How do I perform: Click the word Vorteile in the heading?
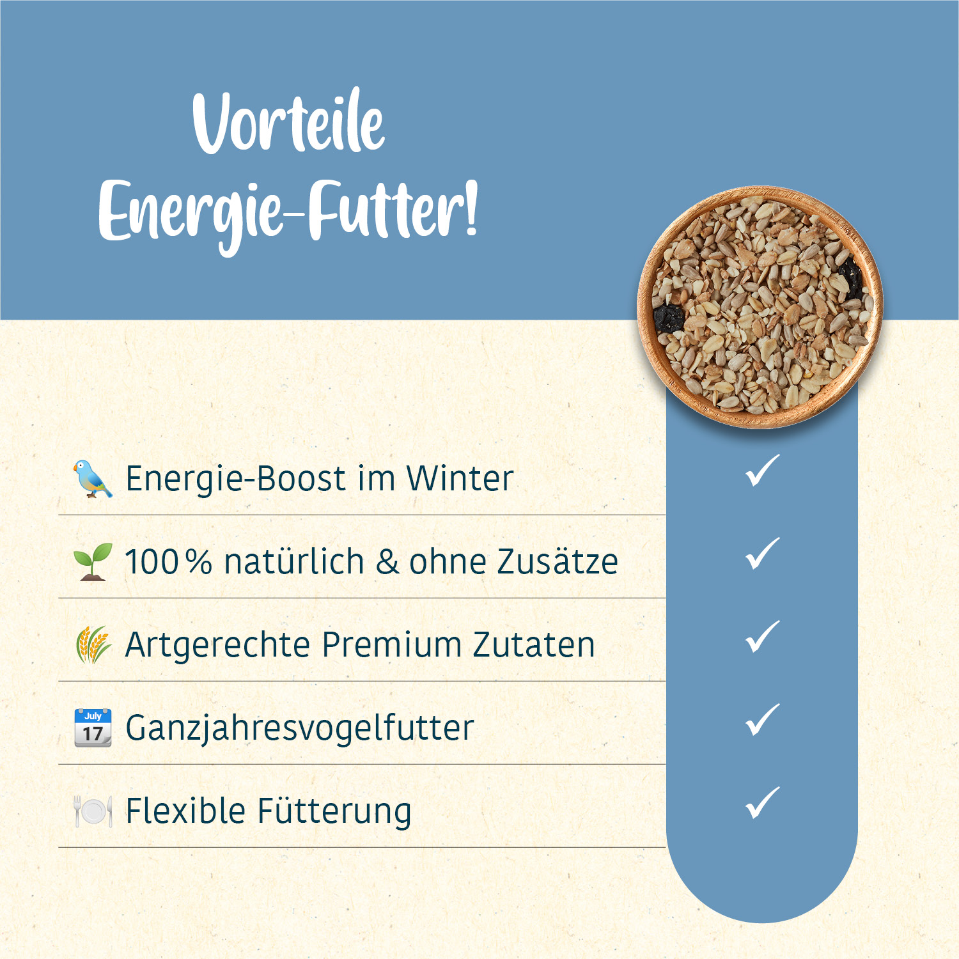[289, 121]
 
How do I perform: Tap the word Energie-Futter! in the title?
[288, 211]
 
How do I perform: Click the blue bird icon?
[93, 478]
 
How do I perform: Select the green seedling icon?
[93, 561]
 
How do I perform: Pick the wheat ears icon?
[93, 644]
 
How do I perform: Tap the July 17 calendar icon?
[93, 728]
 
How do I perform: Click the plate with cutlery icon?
[93, 811]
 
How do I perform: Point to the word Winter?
[460, 478]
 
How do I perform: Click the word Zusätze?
[557, 562]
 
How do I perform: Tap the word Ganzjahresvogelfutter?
[300, 728]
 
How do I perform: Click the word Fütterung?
[334, 811]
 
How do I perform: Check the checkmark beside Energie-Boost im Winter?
[763, 471]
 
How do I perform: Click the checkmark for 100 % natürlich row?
[763, 554]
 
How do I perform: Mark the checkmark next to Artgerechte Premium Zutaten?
[763, 637]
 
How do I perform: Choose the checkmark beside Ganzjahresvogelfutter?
[763, 720]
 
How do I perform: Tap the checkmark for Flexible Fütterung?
[763, 803]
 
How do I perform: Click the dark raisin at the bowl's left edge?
[669, 317]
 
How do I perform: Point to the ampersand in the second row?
[387, 562]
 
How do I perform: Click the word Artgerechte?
[217, 644]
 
